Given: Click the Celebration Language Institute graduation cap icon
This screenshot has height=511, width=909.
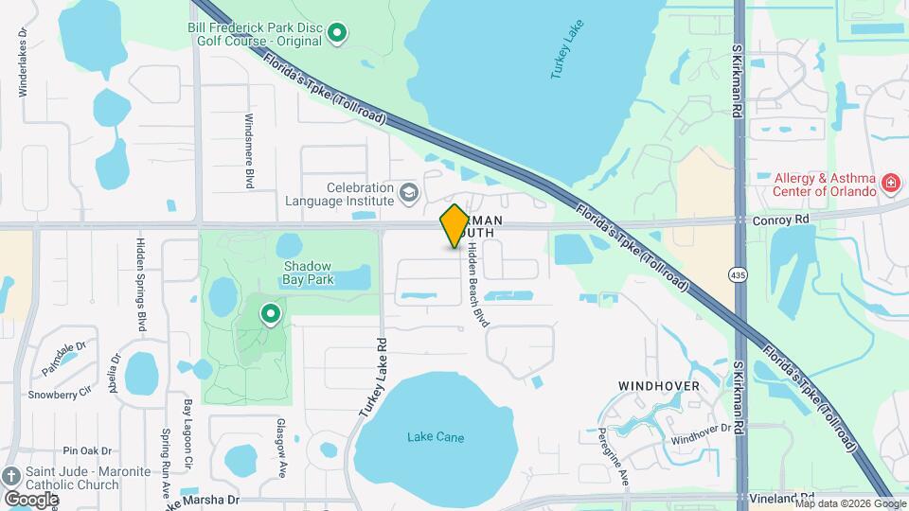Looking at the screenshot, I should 409,193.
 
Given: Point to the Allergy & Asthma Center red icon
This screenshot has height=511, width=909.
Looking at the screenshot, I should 890,183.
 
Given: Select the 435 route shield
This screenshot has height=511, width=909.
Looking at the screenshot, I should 738,273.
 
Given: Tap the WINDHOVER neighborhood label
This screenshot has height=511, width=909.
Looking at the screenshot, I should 659,386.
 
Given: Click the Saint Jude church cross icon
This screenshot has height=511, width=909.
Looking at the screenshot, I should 11,475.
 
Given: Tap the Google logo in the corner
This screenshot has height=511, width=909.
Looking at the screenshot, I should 32,499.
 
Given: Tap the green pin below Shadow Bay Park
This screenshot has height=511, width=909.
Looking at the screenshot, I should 271,312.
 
